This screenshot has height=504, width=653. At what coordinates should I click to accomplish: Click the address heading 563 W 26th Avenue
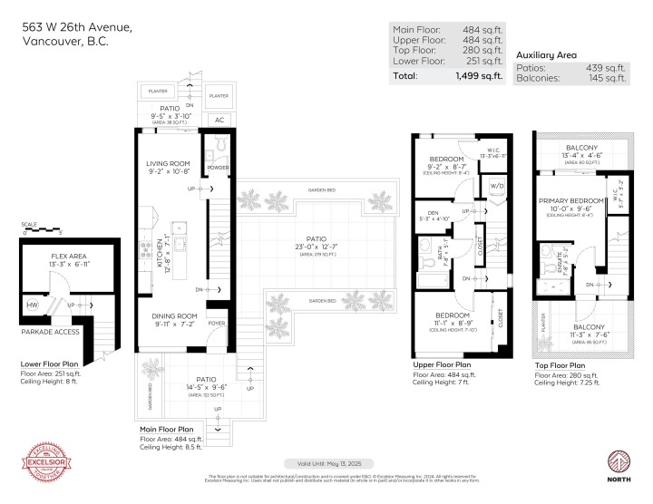coord(77,28)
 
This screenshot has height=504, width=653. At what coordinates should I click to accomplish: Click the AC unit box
coord(218,119)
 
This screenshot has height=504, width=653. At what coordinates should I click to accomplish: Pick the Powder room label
coord(218,167)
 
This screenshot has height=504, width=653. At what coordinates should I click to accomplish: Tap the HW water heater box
coord(34,305)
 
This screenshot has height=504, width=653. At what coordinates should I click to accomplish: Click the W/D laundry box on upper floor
coord(497,188)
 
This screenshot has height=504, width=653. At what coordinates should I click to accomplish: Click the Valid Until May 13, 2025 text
coord(326,461)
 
